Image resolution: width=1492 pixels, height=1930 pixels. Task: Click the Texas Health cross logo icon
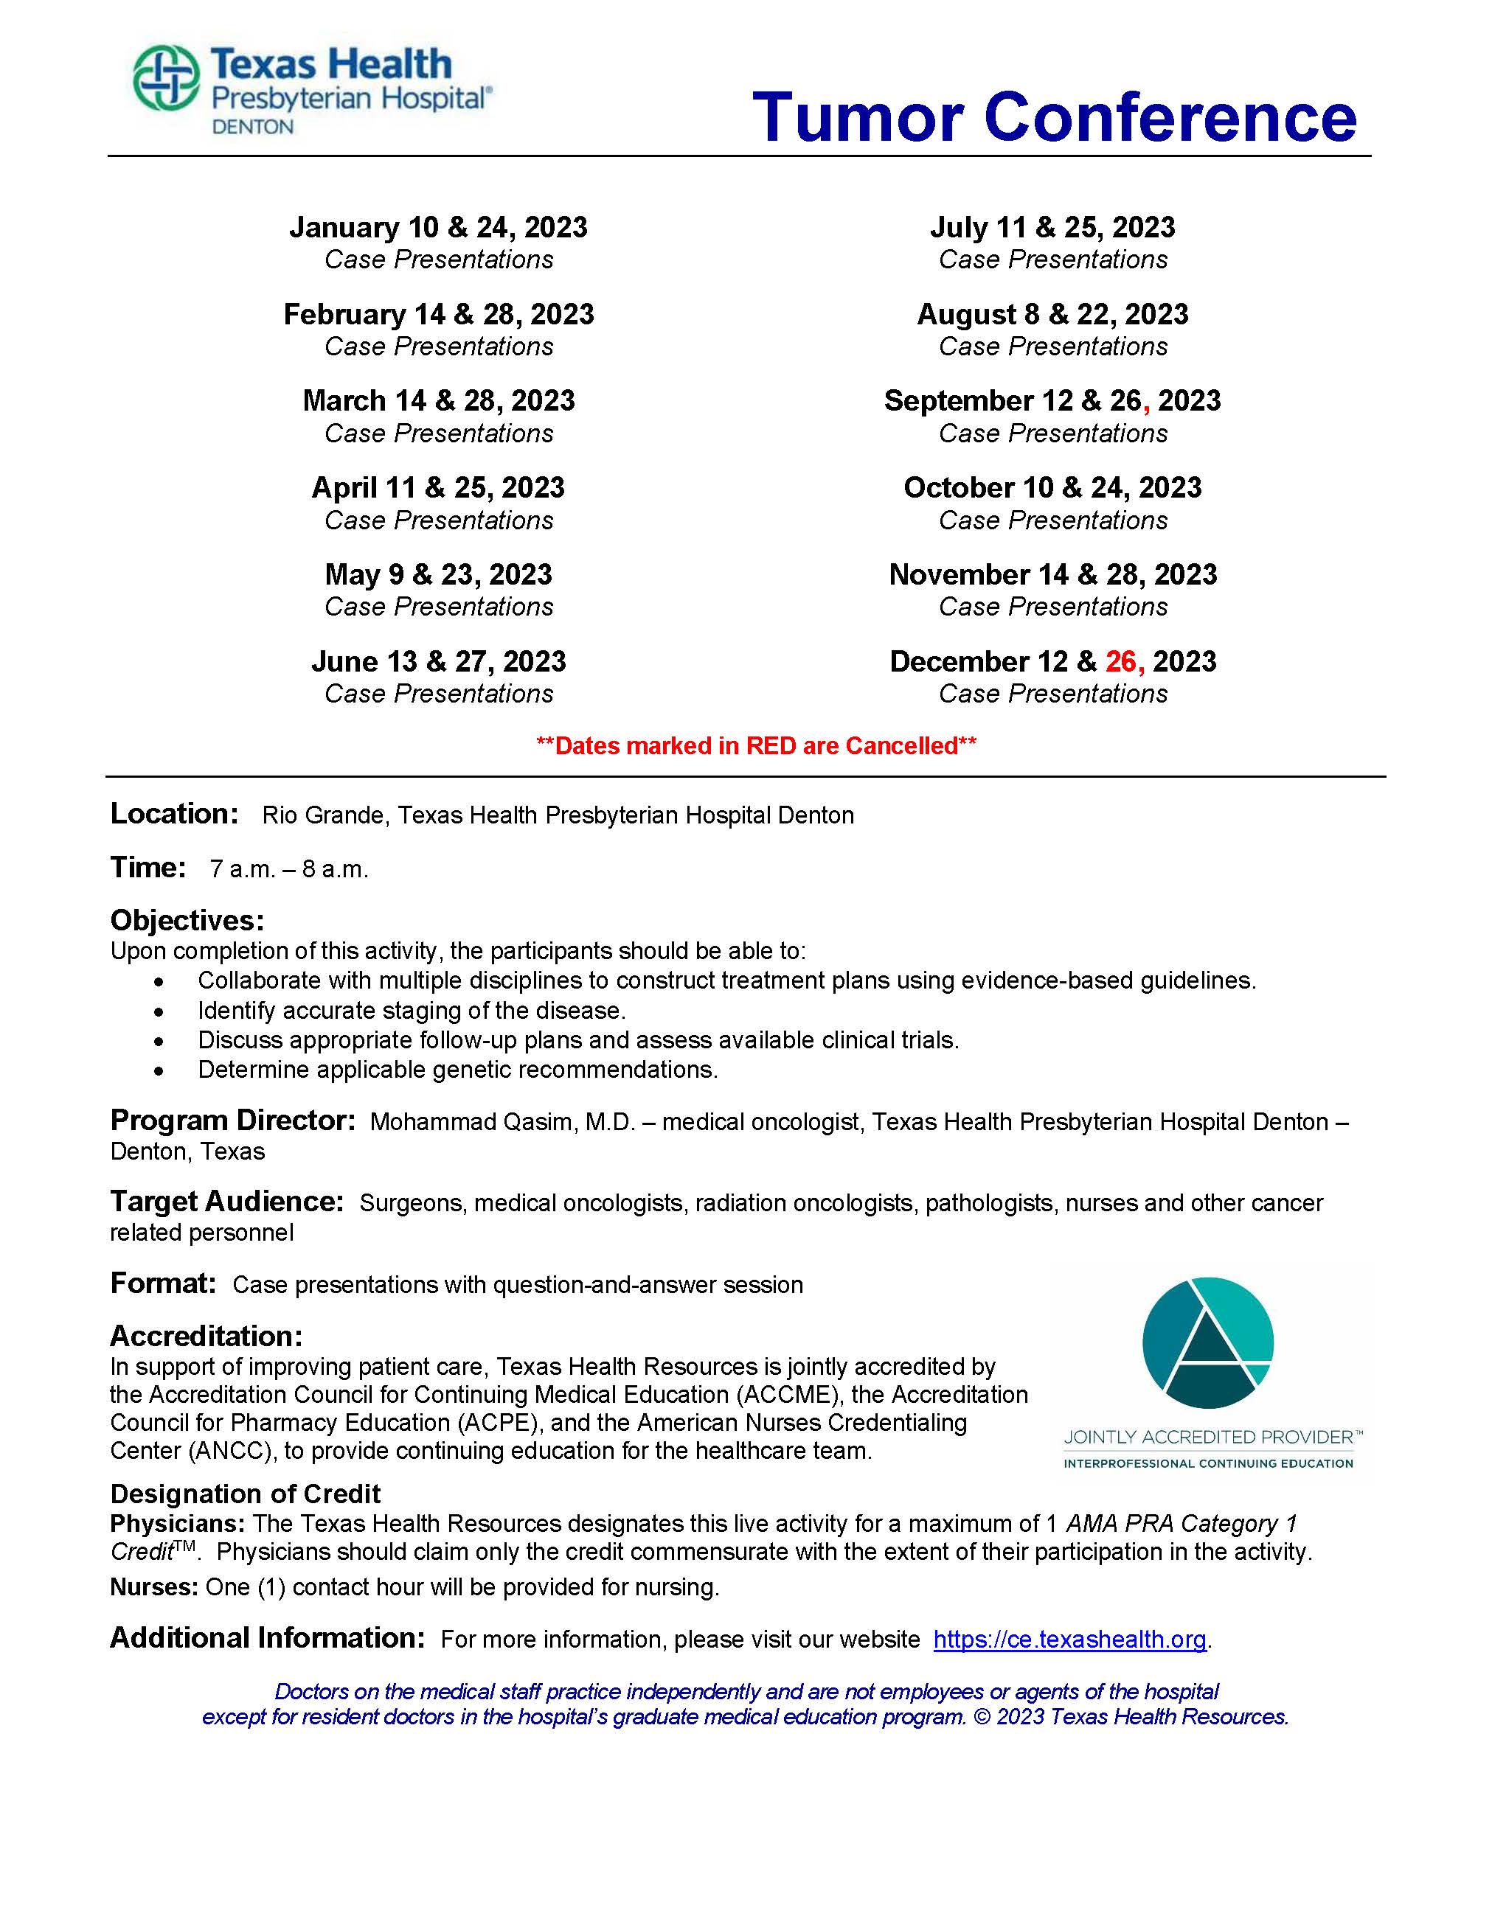click(x=165, y=79)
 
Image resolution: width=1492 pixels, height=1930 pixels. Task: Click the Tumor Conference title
click(x=1054, y=116)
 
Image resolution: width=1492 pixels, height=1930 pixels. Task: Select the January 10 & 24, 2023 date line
click(x=437, y=228)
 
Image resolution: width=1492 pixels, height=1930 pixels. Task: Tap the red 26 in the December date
click(x=1121, y=662)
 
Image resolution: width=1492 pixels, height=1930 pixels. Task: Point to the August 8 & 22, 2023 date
click(x=1052, y=315)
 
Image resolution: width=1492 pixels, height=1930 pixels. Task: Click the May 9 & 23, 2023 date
click(x=437, y=575)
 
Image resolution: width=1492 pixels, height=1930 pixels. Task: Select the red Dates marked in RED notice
click(x=756, y=746)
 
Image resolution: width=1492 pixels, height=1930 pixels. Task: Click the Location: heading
click(x=174, y=814)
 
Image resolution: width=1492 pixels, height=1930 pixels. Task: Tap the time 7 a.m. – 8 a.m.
click(x=289, y=870)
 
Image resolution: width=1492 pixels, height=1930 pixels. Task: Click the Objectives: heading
click(x=187, y=921)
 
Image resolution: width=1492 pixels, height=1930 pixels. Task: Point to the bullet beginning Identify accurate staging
click(x=411, y=1010)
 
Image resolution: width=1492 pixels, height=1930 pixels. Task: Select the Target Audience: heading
click(x=226, y=1202)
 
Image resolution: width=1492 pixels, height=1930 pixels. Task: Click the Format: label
click(x=163, y=1283)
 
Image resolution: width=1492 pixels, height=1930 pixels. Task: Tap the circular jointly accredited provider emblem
click(x=1207, y=1343)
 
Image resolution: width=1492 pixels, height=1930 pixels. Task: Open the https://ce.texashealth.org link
click(x=1069, y=1640)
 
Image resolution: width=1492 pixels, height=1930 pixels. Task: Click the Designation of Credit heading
click(x=245, y=1494)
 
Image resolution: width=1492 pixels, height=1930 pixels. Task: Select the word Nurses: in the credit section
click(x=153, y=1587)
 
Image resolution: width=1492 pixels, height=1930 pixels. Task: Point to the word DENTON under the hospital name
click(x=252, y=128)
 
